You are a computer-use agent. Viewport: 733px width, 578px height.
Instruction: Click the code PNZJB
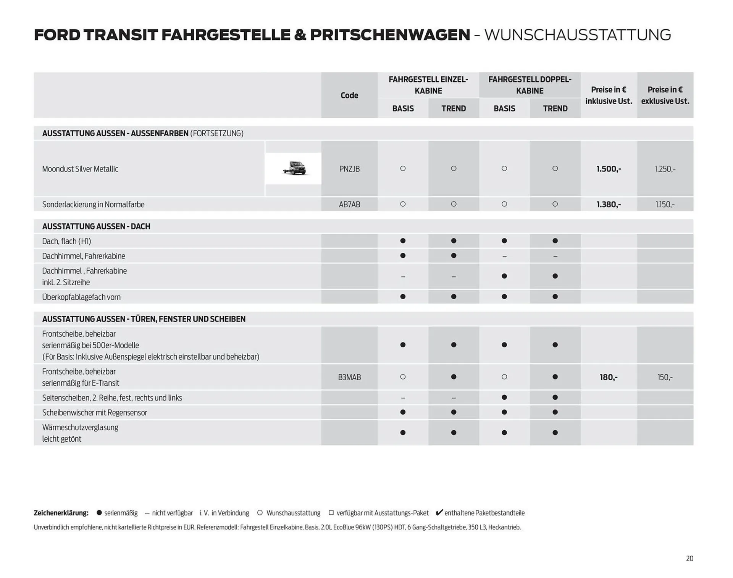(349, 169)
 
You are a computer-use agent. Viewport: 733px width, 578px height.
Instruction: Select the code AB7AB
(349, 204)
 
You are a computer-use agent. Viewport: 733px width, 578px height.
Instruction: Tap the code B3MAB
(349, 377)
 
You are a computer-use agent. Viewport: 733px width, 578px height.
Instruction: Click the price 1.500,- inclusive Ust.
(609, 169)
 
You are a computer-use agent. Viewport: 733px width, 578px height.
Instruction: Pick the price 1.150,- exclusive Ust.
(665, 204)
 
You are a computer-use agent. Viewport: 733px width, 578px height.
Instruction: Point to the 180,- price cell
(609, 377)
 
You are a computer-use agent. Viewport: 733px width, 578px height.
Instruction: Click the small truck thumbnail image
(294, 168)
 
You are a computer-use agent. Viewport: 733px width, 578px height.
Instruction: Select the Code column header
(349, 95)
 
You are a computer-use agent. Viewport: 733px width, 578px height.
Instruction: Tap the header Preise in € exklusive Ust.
(665, 95)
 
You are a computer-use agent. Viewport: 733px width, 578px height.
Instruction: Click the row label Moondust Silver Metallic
(80, 169)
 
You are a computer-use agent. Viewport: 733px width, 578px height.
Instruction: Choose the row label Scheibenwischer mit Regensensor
(94, 412)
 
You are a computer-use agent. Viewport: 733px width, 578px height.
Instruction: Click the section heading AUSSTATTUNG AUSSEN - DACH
(96, 226)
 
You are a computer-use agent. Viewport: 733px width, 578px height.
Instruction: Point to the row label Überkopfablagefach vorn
(81, 297)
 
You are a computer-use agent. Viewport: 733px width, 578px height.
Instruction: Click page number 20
(689, 559)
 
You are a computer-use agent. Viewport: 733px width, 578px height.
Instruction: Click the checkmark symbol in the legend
(439, 512)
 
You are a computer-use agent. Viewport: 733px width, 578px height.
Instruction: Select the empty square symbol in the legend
(331, 513)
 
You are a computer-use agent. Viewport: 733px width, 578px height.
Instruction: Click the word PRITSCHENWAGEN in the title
(390, 35)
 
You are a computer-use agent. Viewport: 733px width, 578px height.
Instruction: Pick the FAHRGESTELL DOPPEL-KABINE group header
(530, 85)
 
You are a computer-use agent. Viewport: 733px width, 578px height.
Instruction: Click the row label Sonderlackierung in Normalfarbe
(93, 204)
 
